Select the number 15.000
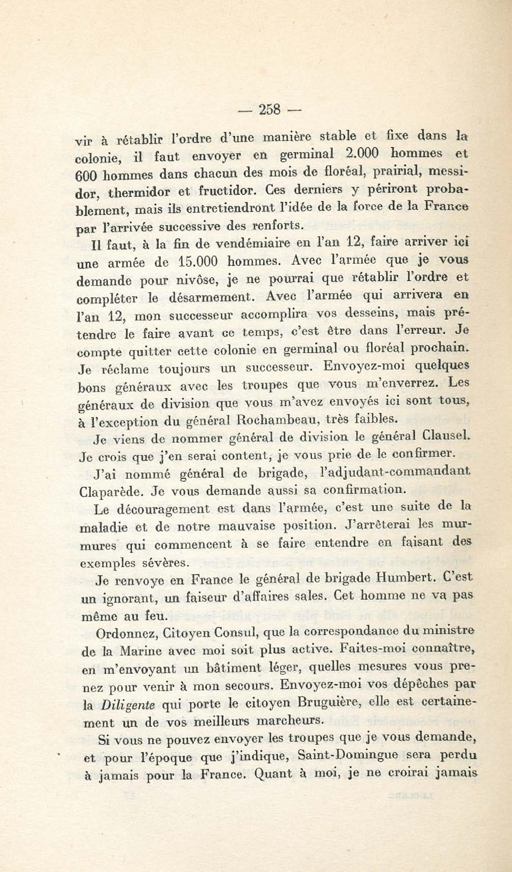point(198,262)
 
